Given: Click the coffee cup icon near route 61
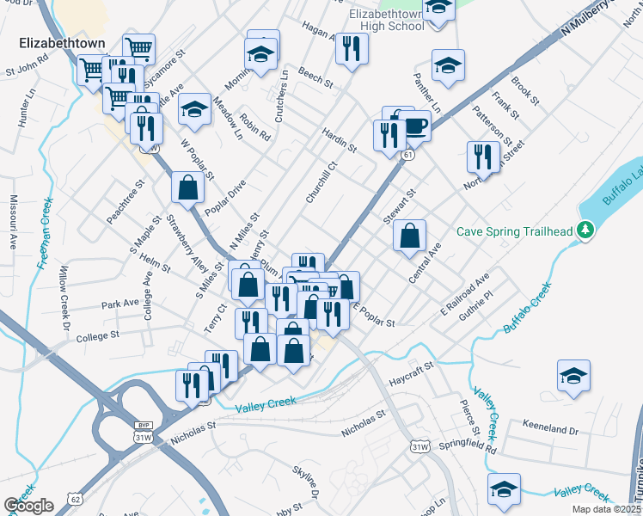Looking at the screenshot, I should click(x=413, y=126).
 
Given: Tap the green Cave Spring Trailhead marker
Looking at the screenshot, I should click(x=585, y=230).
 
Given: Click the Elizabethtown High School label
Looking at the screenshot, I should click(x=387, y=20).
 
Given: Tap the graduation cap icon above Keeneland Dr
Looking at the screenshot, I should click(x=573, y=375).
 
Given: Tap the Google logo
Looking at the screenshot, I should click(x=29, y=506).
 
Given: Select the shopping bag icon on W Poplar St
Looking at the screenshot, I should click(x=187, y=187).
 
